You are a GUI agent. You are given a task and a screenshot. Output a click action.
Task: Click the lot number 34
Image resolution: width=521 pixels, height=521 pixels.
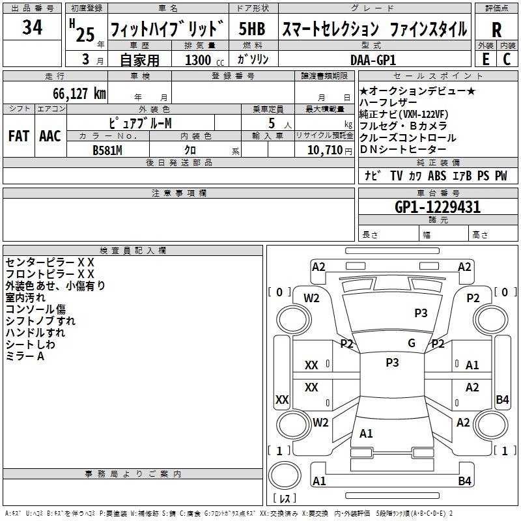32,27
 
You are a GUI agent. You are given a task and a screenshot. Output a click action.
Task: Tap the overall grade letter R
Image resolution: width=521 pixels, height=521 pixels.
496,30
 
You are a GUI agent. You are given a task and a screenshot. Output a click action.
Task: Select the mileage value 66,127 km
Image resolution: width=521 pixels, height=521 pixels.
79,94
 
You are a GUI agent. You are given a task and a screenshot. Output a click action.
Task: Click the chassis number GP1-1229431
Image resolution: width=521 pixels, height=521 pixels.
437,207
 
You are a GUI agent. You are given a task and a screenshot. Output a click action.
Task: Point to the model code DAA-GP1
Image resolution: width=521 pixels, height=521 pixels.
373,60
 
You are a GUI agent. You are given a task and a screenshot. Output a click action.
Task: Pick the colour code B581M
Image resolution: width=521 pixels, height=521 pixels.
107,150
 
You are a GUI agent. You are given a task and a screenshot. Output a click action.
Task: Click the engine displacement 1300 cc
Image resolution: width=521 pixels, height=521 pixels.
204,60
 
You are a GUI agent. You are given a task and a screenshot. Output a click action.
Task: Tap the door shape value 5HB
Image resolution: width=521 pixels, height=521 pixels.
252,29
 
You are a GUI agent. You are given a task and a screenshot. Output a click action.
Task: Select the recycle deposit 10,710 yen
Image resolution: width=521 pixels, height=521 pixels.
330,150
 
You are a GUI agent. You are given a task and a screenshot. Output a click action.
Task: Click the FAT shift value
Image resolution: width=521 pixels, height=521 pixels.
19,136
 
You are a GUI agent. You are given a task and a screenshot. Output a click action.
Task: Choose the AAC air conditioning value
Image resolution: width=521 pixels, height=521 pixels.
50,136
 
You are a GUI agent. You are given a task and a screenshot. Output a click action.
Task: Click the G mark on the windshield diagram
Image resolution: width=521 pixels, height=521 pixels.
412,343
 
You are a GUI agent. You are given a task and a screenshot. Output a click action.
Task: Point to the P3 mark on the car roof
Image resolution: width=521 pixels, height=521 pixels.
392,363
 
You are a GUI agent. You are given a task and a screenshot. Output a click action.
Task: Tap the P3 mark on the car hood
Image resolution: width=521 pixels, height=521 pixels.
421,313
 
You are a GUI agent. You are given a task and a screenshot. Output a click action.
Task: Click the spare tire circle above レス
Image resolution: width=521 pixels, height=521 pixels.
285,475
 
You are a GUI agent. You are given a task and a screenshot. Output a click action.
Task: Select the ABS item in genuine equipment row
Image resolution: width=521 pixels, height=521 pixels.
437,175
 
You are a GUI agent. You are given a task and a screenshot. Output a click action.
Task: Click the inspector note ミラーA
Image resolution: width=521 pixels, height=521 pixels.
25,356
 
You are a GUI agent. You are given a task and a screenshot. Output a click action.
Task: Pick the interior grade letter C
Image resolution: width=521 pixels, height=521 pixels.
507,59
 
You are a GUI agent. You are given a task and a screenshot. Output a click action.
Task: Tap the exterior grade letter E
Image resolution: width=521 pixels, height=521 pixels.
485,59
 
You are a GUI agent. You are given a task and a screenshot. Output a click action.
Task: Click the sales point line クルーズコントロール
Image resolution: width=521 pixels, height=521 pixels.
408,137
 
